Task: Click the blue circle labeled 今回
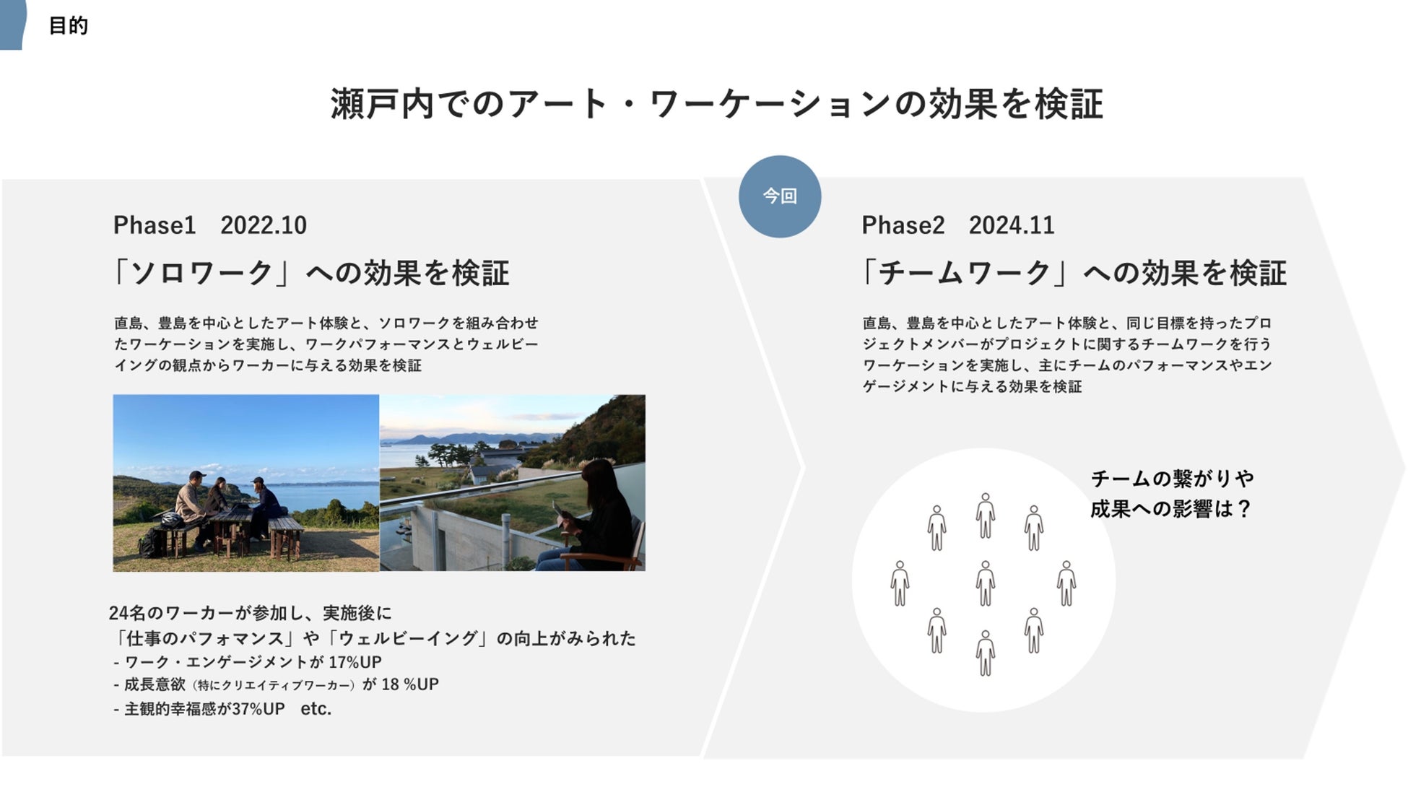(780, 196)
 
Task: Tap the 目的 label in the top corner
(69, 26)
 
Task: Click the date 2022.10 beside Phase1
(264, 225)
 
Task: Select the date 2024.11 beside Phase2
(1012, 225)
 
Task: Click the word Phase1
(155, 225)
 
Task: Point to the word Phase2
(903, 225)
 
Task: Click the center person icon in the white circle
(986, 583)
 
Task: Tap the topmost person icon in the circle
(986, 515)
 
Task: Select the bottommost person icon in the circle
(986, 653)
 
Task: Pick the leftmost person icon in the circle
(900, 583)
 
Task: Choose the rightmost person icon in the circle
(1066, 583)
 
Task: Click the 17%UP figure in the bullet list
(355, 662)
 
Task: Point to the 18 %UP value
(410, 684)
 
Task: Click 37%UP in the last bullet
(258, 709)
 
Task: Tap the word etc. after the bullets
(316, 709)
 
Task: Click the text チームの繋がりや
(1173, 479)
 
